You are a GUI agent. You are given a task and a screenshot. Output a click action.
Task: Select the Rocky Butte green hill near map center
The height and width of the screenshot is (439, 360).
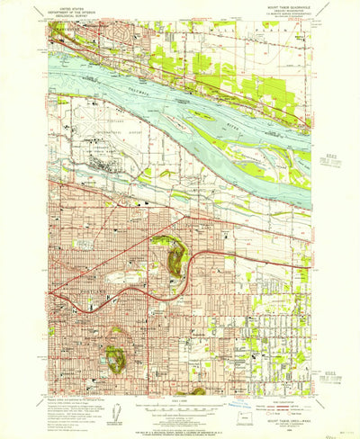171,256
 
